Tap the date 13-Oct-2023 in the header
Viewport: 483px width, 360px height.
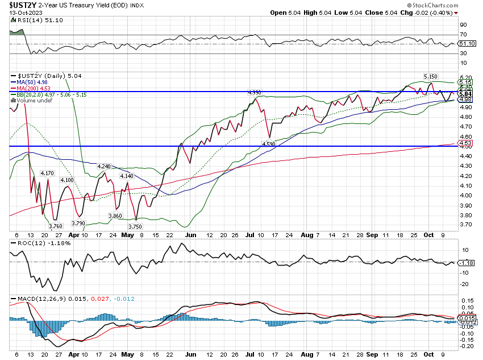[18, 13]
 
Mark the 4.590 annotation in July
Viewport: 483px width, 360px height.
[269, 144]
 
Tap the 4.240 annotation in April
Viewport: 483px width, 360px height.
[104, 166]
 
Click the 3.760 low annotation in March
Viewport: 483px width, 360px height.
[55, 226]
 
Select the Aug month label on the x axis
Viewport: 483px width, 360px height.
[306, 234]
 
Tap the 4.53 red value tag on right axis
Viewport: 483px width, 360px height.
[465, 145]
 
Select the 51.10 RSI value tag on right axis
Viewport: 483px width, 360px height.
[466, 43]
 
